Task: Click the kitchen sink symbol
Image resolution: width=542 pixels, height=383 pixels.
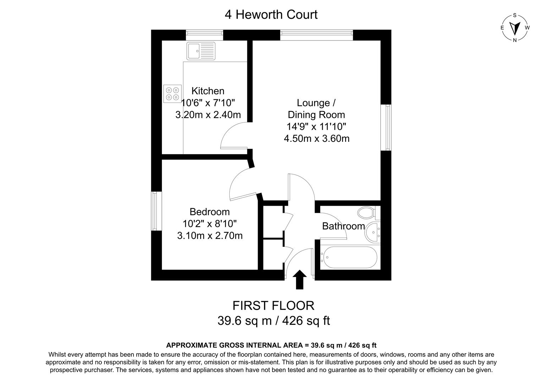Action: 201,51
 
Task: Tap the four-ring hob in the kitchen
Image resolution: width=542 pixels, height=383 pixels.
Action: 172,94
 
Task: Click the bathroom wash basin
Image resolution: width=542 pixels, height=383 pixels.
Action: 373,232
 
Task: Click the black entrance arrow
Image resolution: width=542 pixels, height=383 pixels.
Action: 300,279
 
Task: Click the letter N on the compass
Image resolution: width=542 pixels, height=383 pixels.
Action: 515,40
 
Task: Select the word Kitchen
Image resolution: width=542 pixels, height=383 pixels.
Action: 208,91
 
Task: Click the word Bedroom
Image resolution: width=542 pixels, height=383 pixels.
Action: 209,212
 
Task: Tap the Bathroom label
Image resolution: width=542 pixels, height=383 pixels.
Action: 343,226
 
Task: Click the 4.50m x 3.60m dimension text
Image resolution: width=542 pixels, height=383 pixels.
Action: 317,139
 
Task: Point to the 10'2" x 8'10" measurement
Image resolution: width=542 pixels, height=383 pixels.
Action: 209,224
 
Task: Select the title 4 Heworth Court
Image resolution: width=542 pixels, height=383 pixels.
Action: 271,15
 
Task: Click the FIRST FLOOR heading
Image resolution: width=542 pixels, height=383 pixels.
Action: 273,306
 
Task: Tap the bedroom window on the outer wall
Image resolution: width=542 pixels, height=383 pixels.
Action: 156,211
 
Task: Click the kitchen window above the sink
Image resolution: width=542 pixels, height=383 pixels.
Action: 204,35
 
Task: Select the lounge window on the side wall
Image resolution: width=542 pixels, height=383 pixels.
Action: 386,127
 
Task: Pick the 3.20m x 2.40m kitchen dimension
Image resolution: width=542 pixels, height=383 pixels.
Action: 208,115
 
